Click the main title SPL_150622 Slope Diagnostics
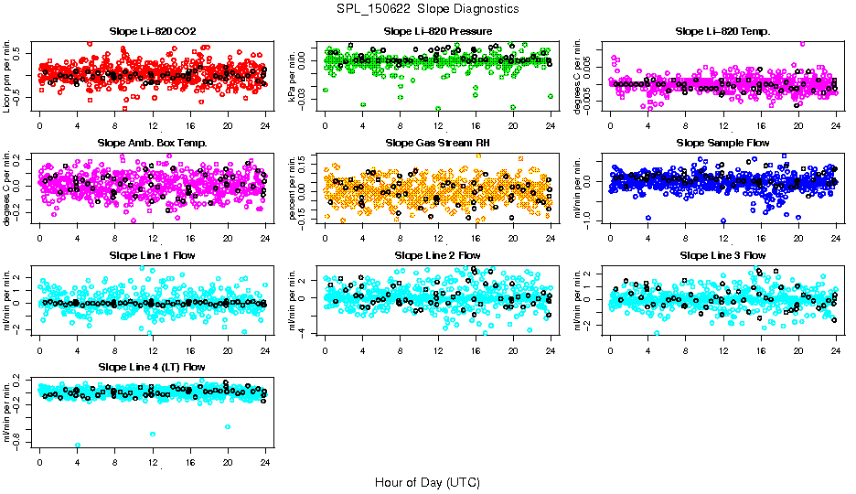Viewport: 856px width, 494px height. [x=428, y=8]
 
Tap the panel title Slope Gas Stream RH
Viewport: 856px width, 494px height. [x=437, y=143]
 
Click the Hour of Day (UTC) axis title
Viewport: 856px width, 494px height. [x=427, y=481]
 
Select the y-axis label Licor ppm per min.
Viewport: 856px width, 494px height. [x=7, y=77]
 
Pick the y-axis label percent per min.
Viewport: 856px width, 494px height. [x=293, y=188]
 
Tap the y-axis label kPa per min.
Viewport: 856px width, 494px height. [x=293, y=77]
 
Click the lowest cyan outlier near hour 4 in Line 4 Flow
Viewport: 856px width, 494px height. [x=78, y=445]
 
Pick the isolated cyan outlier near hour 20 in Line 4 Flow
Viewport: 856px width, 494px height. [x=228, y=426]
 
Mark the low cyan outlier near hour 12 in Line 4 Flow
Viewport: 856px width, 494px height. [x=152, y=434]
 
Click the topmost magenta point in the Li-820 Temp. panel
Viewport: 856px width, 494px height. [x=802, y=43]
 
